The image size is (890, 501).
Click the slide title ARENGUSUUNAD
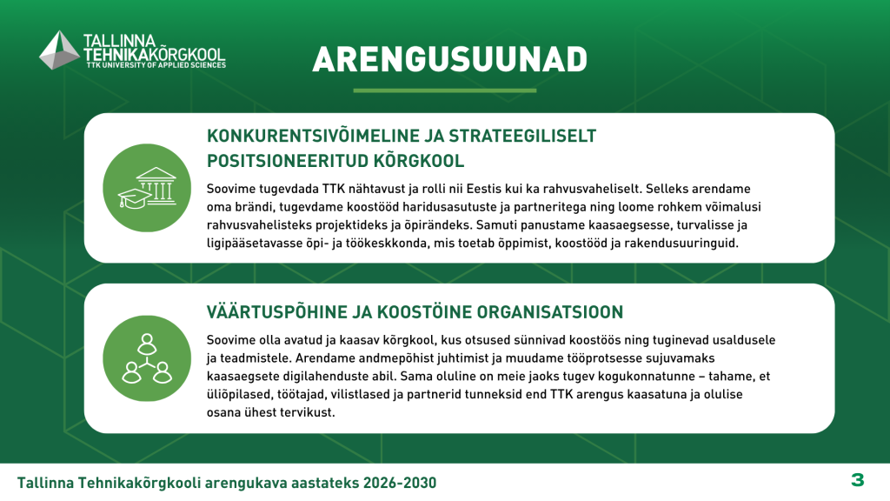pos(449,60)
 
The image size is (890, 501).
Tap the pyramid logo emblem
pos(59,50)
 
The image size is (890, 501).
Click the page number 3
pos(857,480)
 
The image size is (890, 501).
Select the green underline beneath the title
pos(444,90)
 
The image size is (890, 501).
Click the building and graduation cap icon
pos(147,188)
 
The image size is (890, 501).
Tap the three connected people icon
pos(147,358)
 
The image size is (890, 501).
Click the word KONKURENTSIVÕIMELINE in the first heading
pos(313,136)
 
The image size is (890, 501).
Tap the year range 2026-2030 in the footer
pos(400,483)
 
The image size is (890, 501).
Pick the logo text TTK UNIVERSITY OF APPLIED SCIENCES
pos(156,65)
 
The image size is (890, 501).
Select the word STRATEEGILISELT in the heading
pos(522,136)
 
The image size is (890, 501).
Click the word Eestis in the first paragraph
pos(483,189)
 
